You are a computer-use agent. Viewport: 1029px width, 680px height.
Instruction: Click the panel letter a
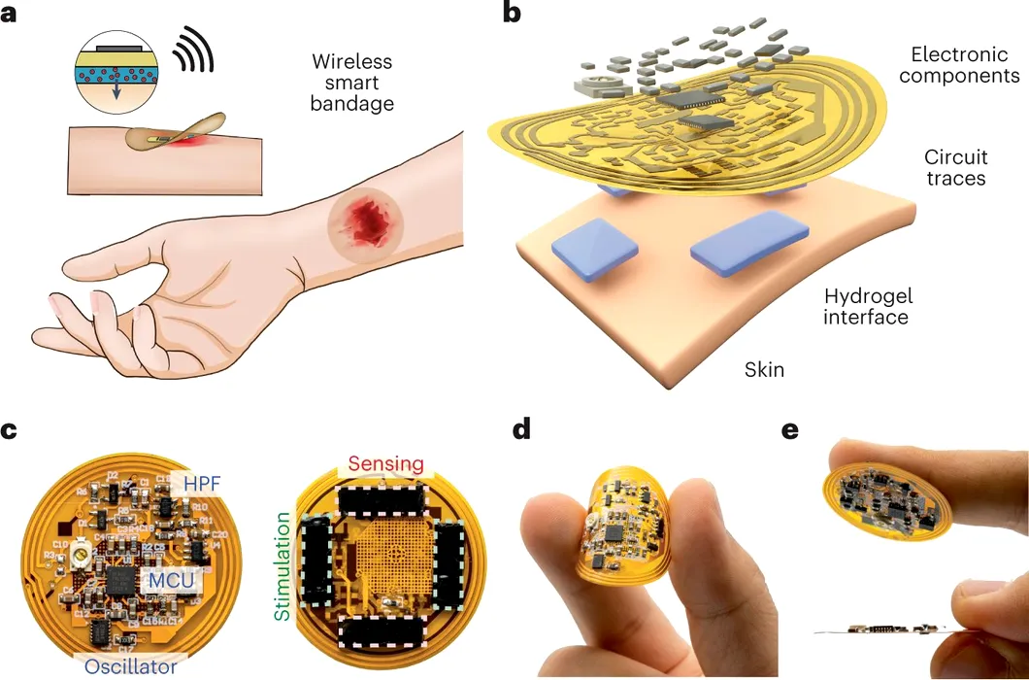tap(9, 14)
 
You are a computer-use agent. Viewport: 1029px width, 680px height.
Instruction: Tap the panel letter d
tap(521, 431)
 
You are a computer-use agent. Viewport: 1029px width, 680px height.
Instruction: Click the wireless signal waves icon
tap(193, 49)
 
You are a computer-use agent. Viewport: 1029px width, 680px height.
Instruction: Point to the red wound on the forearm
tap(356, 222)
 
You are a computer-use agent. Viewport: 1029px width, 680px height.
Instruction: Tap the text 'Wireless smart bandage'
tap(352, 83)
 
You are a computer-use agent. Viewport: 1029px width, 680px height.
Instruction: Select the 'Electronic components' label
tap(959, 64)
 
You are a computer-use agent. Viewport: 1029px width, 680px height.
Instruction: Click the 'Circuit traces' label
tap(955, 167)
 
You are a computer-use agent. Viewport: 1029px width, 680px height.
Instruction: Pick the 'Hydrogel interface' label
tap(868, 306)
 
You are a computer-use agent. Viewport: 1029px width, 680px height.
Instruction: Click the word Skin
tap(764, 369)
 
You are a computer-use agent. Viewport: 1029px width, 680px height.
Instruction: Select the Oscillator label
tap(131, 666)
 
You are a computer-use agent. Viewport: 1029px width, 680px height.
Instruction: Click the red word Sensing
tap(385, 463)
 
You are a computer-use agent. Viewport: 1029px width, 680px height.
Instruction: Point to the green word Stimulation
tap(282, 567)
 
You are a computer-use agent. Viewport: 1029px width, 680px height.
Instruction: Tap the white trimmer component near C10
tap(80, 559)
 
